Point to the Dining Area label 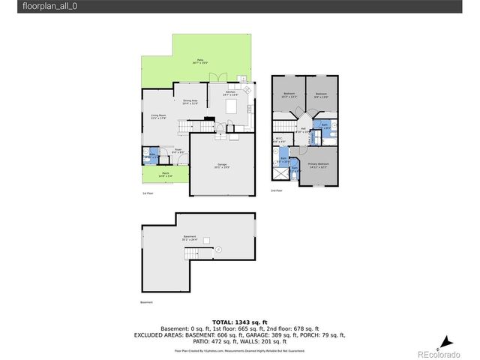coord(190,102)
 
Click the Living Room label coord(157,116)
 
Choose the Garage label coord(222,165)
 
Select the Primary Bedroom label coord(319,165)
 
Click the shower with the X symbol coord(280,174)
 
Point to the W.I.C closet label coord(278,139)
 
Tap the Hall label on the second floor coord(304,130)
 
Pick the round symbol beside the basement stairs coord(218,249)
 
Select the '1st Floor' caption coord(148,193)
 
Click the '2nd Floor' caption coord(277,191)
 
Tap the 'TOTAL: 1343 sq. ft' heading coord(240,320)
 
